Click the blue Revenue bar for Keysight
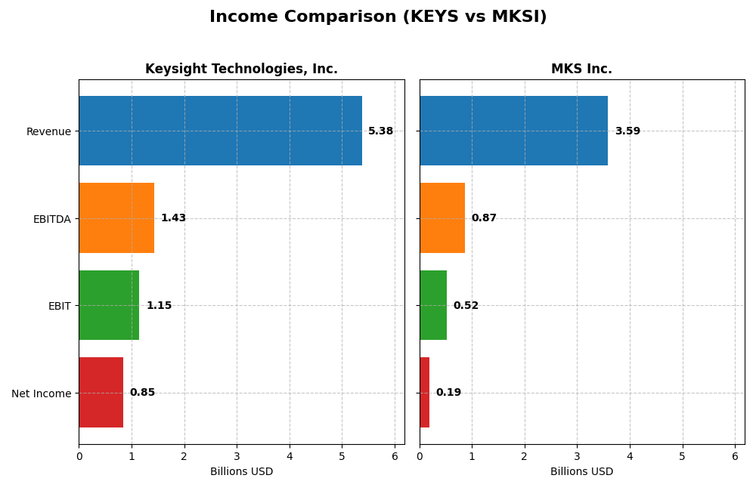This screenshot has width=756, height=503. coord(220,131)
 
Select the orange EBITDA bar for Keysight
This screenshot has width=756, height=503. coord(116,218)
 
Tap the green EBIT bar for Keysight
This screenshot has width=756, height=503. coord(109,305)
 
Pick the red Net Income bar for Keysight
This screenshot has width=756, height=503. coord(101,393)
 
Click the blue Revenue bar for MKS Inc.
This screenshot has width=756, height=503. coord(513,131)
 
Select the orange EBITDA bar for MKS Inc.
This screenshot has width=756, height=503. coord(442,218)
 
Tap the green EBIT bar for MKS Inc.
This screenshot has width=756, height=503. coord(433,305)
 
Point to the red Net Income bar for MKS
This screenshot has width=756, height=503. coord(424,393)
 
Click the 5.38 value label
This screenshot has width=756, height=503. coord(380,131)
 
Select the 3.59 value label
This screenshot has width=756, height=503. coord(627,131)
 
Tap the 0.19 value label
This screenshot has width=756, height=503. coord(448,393)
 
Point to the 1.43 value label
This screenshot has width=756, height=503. coord(173,218)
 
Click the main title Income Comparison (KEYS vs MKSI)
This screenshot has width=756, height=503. coord(378,17)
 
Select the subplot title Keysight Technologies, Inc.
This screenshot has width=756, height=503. coord(241,69)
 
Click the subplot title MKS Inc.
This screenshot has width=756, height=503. coord(581,69)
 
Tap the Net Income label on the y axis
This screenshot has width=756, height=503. coord(42,393)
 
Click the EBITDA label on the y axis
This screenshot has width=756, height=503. coord(52,219)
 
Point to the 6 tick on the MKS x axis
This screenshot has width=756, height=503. coord(734,456)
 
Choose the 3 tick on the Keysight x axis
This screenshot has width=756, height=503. coord(237,456)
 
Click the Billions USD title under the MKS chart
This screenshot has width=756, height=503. coord(581,472)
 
